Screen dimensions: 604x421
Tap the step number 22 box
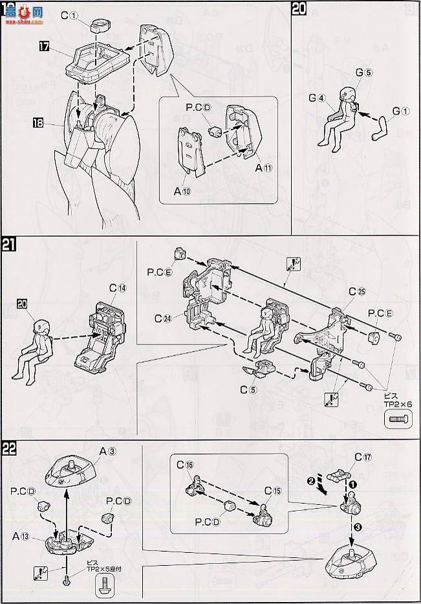click(10, 450)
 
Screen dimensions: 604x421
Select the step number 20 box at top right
click(299, 10)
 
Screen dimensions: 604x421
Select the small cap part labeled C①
click(99, 26)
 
